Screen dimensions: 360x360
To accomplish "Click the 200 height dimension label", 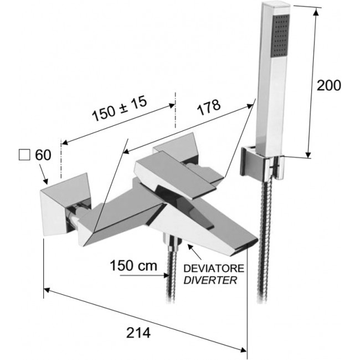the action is [329, 86].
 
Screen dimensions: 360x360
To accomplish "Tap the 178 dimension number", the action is [209, 107].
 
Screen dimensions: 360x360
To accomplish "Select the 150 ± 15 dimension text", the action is [120, 109].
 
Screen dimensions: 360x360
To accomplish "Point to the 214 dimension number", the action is [138, 333].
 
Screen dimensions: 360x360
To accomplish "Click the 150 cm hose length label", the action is [133, 266].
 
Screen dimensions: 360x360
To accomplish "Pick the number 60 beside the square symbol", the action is [43, 155].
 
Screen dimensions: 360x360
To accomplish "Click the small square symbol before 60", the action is [24, 155].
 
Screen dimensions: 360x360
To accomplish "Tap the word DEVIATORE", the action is [214, 269].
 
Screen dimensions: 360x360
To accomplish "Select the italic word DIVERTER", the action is [210, 280].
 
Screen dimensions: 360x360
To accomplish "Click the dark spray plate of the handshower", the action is [280, 36].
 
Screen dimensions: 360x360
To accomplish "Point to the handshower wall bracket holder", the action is [262, 163].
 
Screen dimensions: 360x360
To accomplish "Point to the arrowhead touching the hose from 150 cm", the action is [166, 275].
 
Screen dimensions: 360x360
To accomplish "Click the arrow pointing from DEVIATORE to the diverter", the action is [195, 252].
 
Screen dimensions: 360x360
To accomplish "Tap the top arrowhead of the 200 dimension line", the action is [316, 12].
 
